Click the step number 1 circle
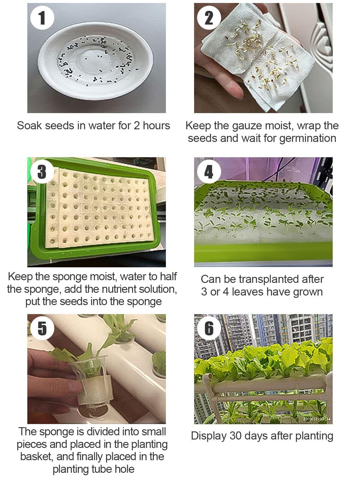click(42, 18)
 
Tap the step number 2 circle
click(209, 18)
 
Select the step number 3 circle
click(42, 172)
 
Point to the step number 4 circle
click(209, 172)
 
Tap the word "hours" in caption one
click(157, 126)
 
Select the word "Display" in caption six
click(209, 436)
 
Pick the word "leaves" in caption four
click(247, 292)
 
